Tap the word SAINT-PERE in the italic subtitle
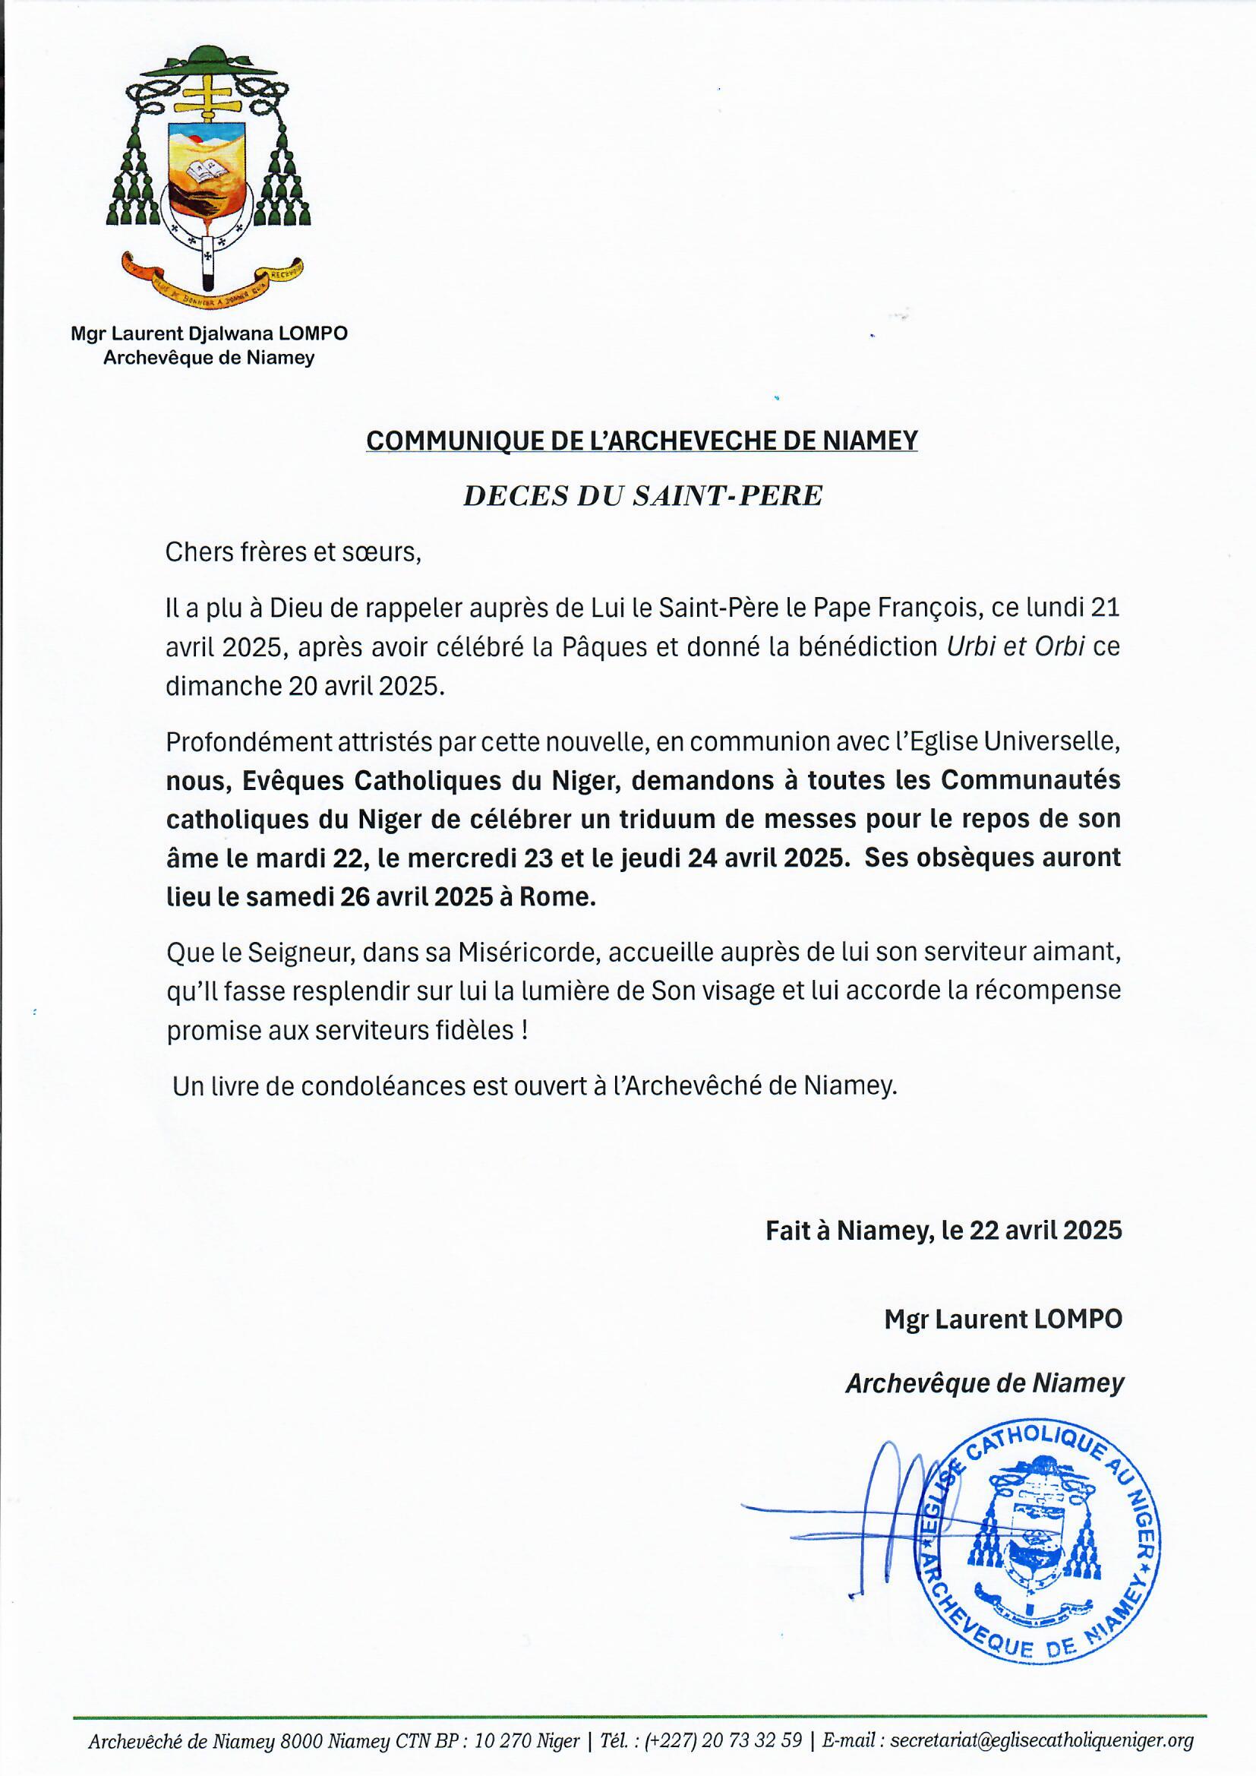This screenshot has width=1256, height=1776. (727, 496)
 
